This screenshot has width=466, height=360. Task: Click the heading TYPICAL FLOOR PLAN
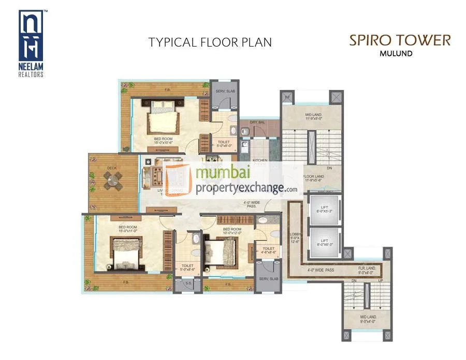pos(210,42)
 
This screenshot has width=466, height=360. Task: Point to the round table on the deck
pos(111,180)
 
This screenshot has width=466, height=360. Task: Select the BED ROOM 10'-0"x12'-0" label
pos(231,231)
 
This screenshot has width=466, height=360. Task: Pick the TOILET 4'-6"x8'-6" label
pos(268,250)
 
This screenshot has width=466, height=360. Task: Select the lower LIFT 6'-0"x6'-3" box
pos(323,243)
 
